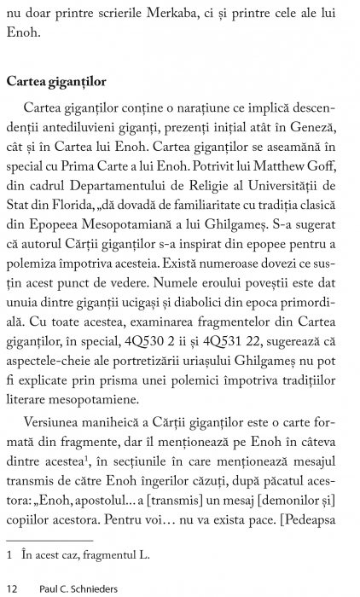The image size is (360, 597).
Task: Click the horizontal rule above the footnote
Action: pyautogui.click(x=49, y=540)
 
